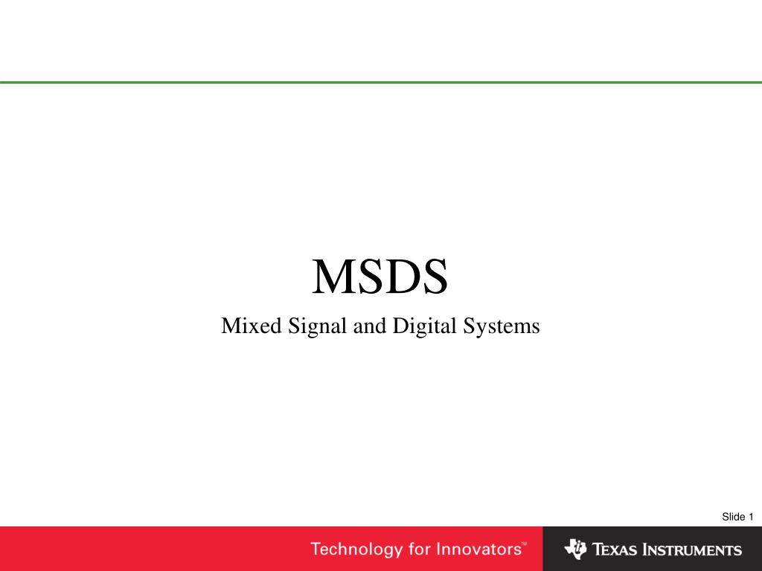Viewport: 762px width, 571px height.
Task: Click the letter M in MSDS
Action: (x=333, y=277)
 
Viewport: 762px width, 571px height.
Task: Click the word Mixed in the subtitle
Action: (x=252, y=326)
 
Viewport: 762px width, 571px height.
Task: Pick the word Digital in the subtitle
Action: (x=424, y=328)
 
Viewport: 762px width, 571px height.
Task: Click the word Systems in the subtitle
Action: (x=501, y=328)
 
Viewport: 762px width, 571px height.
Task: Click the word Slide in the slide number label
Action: (x=733, y=517)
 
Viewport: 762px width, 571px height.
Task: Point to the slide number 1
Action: (x=751, y=517)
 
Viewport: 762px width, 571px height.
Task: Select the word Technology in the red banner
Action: (x=356, y=549)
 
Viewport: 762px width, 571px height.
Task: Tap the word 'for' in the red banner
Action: (x=420, y=549)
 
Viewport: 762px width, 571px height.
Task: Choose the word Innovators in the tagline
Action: (x=478, y=549)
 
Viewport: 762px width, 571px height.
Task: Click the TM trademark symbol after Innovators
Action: (x=524, y=543)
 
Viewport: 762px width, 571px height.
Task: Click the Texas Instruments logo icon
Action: (x=576, y=549)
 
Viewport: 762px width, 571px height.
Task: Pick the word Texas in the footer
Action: (x=615, y=549)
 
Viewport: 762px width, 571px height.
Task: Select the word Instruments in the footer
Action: (x=693, y=549)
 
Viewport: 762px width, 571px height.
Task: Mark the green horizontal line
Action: (x=381, y=83)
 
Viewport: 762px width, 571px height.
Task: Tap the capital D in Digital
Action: (x=400, y=326)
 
